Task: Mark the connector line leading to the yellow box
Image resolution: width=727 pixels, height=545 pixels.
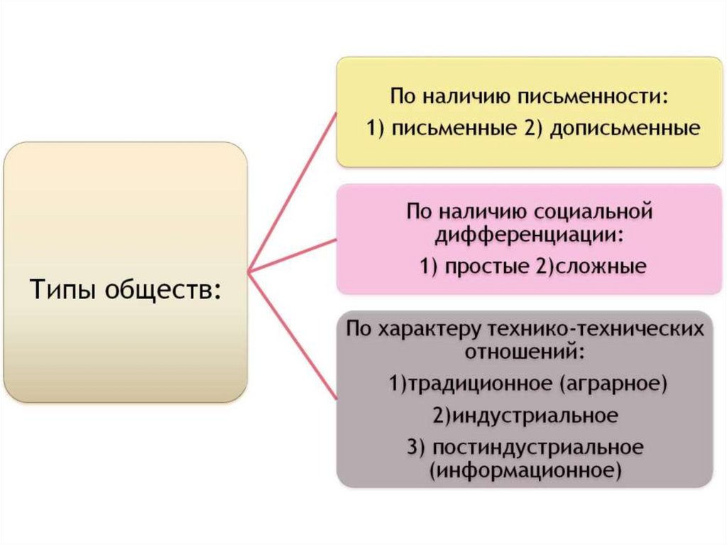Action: pos(292,193)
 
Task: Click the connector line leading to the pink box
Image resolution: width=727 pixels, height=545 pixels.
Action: pos(292,255)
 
